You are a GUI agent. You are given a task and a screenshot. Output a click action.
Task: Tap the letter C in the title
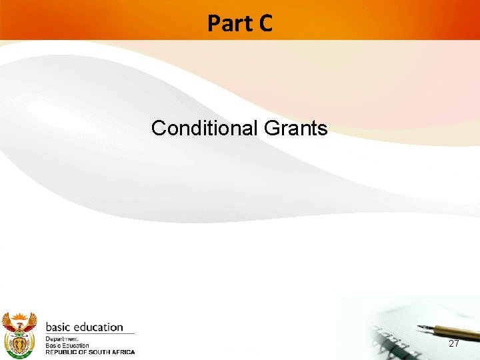click(x=265, y=23)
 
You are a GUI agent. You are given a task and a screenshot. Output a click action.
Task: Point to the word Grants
click(x=295, y=127)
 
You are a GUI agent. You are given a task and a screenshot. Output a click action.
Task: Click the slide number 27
click(x=454, y=343)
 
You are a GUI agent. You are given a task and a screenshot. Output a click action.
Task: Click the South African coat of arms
click(x=19, y=333)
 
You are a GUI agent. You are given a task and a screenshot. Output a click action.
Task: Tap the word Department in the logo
click(x=62, y=339)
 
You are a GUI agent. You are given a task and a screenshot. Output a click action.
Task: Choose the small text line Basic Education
click(x=67, y=345)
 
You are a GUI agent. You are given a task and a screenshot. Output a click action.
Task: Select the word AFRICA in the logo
click(x=125, y=352)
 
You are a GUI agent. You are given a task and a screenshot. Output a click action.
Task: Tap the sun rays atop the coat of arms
click(x=18, y=315)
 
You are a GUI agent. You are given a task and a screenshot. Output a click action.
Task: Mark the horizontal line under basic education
click(x=90, y=334)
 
